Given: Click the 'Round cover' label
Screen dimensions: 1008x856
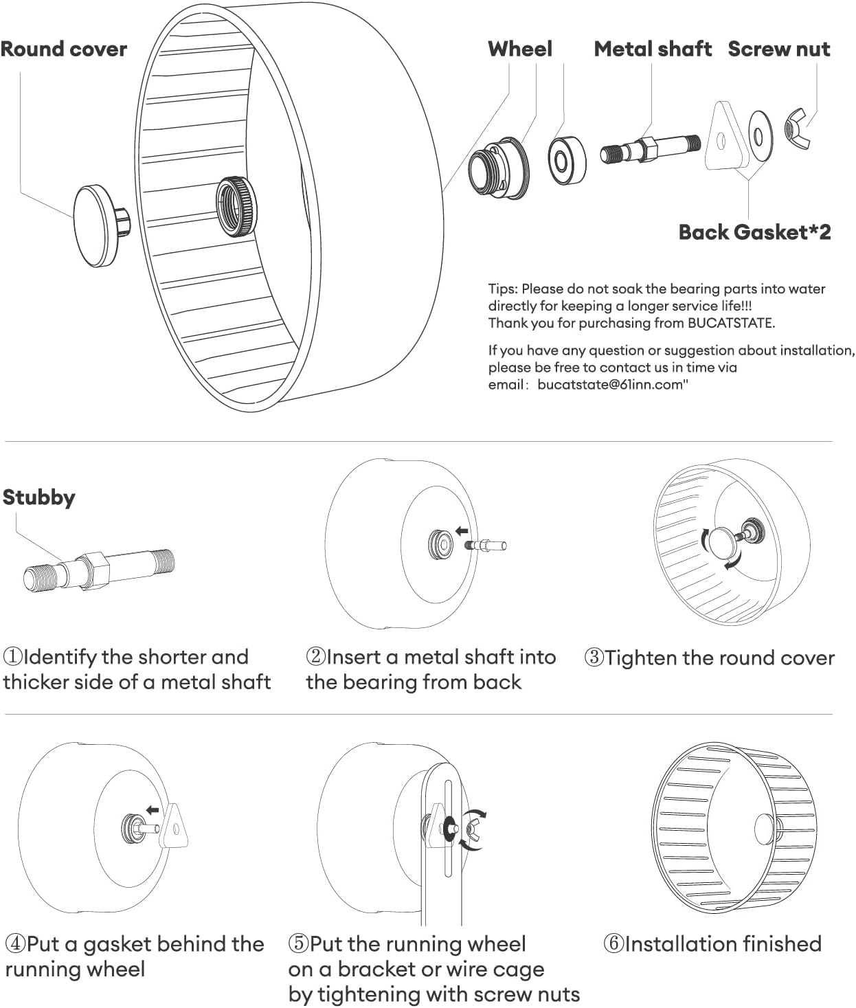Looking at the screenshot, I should [x=63, y=49].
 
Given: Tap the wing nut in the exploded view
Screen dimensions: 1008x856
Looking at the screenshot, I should [x=797, y=128].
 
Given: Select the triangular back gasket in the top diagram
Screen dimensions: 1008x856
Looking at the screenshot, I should [x=724, y=137].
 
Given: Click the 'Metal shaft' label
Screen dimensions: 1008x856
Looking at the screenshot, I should [x=652, y=49].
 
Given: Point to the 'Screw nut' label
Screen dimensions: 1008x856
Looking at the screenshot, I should [x=778, y=49].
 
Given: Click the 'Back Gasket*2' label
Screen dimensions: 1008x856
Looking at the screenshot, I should [x=754, y=232].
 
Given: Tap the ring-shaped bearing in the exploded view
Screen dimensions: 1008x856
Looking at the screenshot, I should [x=566, y=161].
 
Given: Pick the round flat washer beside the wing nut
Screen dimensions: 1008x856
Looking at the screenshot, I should [x=759, y=134].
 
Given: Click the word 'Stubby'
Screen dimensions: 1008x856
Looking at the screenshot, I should [x=38, y=497].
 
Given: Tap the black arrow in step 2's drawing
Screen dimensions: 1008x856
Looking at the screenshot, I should [x=462, y=531].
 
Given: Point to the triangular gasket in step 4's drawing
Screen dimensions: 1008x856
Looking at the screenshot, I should [x=174, y=827].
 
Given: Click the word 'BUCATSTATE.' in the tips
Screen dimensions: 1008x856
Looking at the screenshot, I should [x=731, y=323].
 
